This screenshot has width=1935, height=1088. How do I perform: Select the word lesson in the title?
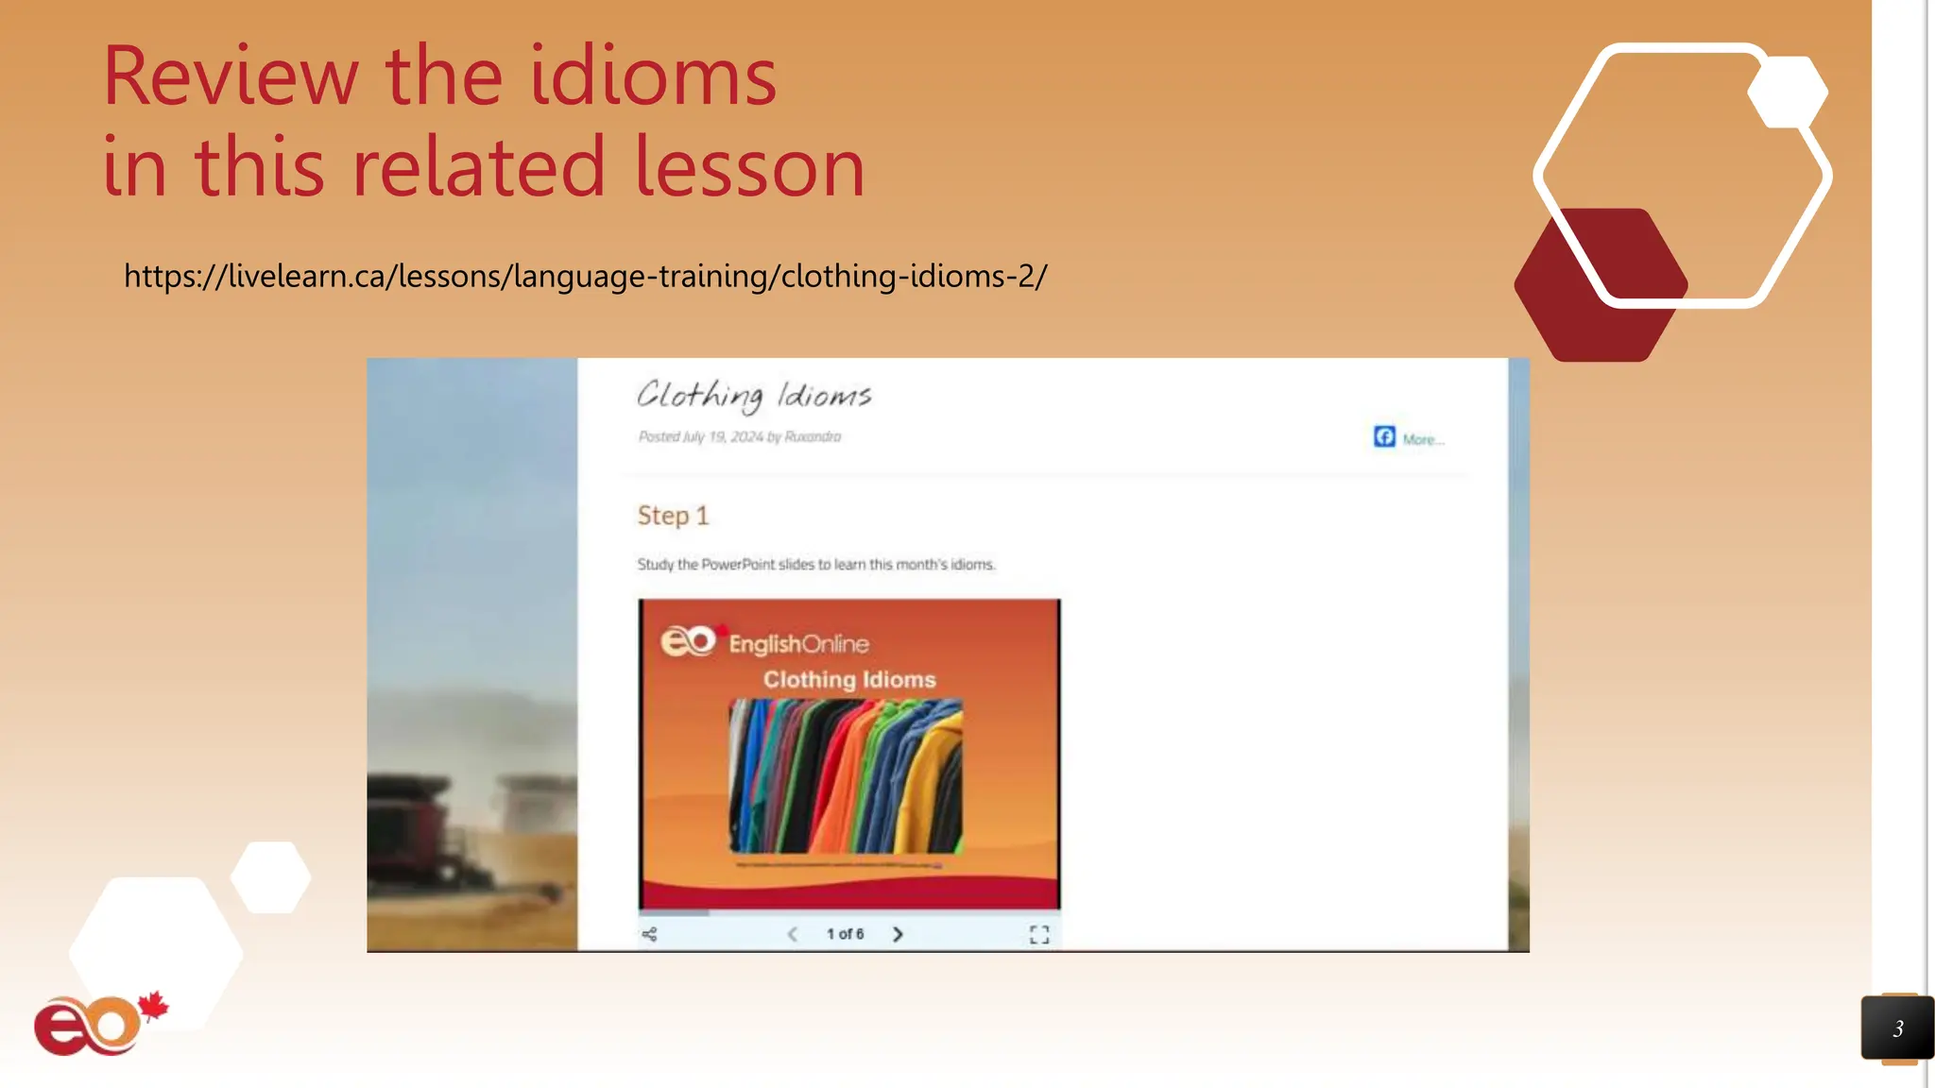pyautogui.click(x=748, y=167)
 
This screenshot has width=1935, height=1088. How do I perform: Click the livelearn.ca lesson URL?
pyautogui.click(x=585, y=276)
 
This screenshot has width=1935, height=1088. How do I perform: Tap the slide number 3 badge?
pyautogui.click(x=1897, y=1028)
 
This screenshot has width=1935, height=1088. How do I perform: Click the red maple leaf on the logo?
pyautogui.click(x=153, y=1007)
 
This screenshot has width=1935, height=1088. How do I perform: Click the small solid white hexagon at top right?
pyautogui.click(x=1788, y=92)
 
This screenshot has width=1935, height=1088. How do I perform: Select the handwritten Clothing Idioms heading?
pyautogui.click(x=753, y=396)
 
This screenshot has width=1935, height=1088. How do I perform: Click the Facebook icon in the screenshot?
pyautogui.click(x=1384, y=436)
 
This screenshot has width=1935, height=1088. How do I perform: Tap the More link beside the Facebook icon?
pyautogui.click(x=1422, y=439)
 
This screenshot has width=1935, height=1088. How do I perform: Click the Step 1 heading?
pyautogui.click(x=672, y=516)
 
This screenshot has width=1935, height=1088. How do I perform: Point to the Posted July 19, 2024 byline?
pyautogui.click(x=739, y=436)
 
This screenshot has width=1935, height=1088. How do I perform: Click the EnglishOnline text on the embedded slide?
pyautogui.click(x=798, y=644)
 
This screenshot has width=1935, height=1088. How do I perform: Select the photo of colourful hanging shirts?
pyautogui.click(x=846, y=776)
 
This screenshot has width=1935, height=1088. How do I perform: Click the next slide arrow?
pyautogui.click(x=898, y=934)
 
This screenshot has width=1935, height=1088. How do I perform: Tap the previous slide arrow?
pyautogui.click(x=792, y=934)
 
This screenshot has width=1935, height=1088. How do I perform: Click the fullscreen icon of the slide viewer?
pyautogui.click(x=1039, y=935)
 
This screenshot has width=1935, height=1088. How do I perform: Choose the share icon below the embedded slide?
pyautogui.click(x=649, y=934)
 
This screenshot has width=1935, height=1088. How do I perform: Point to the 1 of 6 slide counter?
pyautogui.click(x=845, y=934)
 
